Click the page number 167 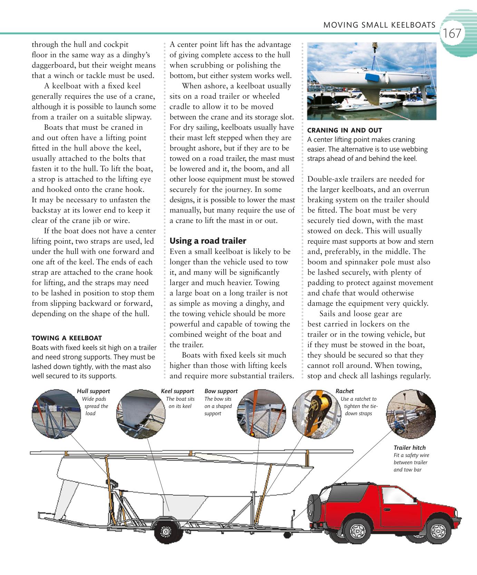452,34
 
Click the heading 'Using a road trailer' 208,241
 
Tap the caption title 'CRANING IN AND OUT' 344,130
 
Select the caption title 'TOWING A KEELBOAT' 67,338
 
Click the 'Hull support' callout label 93,391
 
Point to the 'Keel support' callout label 177,391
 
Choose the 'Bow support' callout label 221,391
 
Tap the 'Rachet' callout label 344,391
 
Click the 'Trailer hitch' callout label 409,448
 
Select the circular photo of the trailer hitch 411,414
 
